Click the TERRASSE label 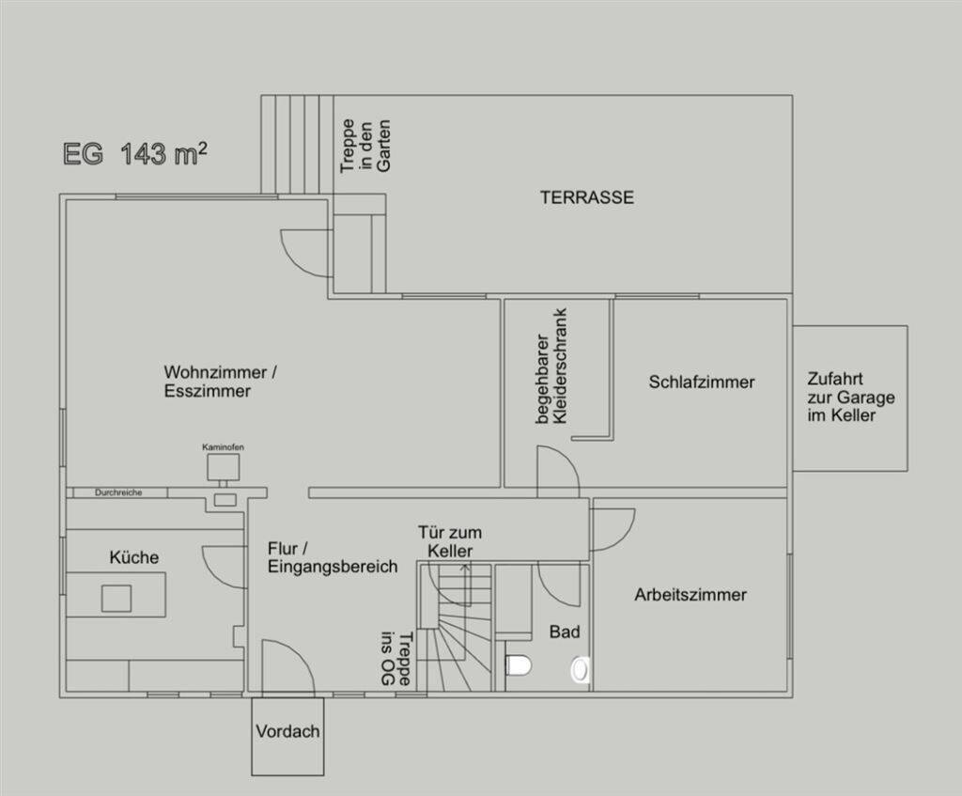[586, 198]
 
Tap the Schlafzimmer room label [701, 382]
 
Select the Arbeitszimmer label [690, 595]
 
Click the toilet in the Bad [519, 666]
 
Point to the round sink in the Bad [582, 669]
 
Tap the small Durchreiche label [118, 492]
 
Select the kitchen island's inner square [116, 598]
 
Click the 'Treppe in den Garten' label [365, 146]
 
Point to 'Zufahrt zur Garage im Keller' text [850, 397]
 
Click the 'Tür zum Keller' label [450, 541]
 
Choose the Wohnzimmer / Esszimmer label [220, 381]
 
